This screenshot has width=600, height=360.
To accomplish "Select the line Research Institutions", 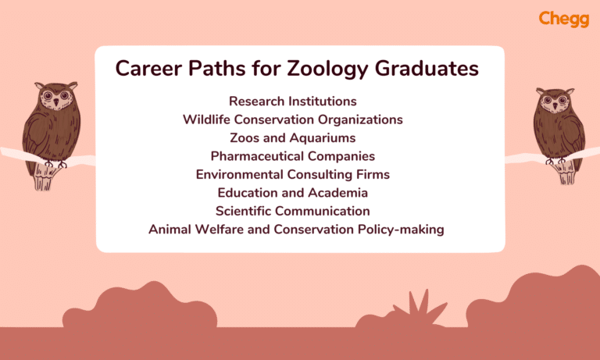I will point(292,102).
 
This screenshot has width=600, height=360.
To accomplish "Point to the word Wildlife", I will point(209,119).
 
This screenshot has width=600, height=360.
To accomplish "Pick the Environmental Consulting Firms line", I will point(292,174).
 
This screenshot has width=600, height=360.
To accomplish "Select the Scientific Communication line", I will point(292,211).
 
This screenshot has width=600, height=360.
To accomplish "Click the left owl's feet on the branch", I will point(55,163).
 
